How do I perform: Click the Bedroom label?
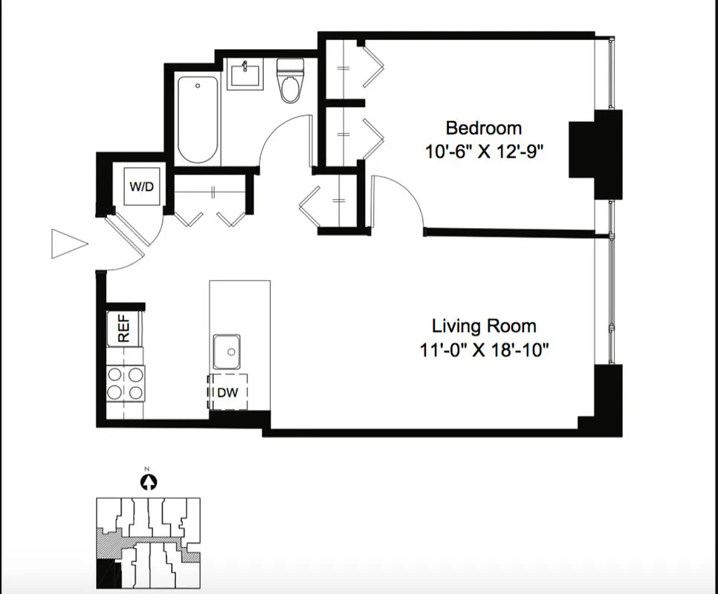483,128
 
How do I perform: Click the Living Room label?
484,326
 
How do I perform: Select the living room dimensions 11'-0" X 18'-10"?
484,350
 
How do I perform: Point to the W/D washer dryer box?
142,186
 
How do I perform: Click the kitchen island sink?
227,350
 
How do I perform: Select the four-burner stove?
125,383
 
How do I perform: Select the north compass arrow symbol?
148,482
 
